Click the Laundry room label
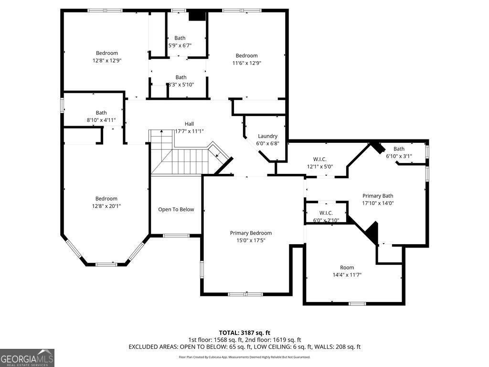(267, 136)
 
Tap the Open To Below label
(176, 209)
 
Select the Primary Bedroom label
(251, 233)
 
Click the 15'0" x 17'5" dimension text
(251, 240)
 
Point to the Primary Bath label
(378, 196)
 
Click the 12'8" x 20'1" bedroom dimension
(106, 206)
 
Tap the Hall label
(190, 124)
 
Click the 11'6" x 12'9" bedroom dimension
(246, 63)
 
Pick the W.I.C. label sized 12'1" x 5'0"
(319, 159)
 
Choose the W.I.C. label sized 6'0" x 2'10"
(326, 213)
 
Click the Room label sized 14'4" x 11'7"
(347, 268)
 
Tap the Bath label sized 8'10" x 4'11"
(101, 113)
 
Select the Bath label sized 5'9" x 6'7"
(180, 38)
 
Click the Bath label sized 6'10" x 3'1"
(399, 149)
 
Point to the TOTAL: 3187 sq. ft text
(244, 333)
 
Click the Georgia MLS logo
(27, 358)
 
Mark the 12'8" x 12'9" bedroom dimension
(106, 61)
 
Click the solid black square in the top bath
(197, 16)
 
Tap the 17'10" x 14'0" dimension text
(378, 203)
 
